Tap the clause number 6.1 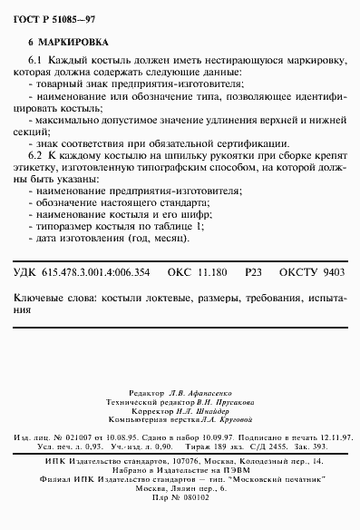click(34, 59)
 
